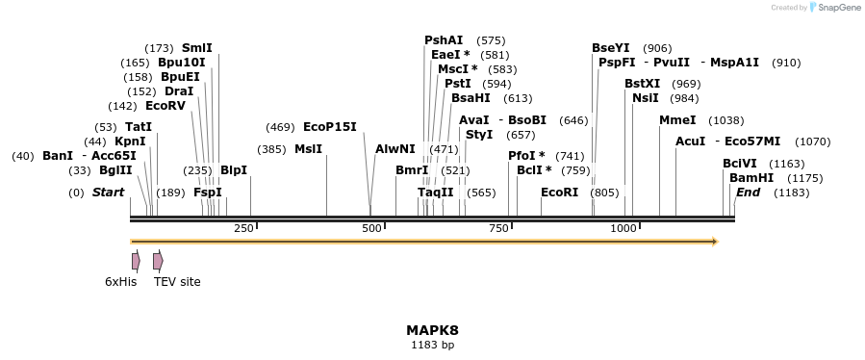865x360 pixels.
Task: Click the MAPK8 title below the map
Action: coord(432,330)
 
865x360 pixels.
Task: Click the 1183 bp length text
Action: coord(432,344)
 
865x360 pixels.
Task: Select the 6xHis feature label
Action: coord(121,282)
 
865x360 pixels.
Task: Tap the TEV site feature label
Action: coord(177,282)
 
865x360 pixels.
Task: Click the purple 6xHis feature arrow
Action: coord(136,261)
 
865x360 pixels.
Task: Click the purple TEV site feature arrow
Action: coord(158,261)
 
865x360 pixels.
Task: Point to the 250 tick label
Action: coord(243,228)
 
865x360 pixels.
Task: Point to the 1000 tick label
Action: coord(624,228)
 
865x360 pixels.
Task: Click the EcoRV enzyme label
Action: coord(165,106)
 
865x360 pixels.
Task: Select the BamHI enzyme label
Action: coord(751,178)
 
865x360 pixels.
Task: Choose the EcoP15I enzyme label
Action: coord(329,127)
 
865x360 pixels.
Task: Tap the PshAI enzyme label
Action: coord(444,40)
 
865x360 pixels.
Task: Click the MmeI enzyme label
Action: coord(677,120)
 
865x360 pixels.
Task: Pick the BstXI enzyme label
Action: coord(642,84)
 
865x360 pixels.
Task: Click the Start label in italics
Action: coord(108,193)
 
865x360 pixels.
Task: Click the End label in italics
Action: coord(748,193)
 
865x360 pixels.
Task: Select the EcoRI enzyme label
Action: coord(559,193)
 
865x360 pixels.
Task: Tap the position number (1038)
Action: coord(725,120)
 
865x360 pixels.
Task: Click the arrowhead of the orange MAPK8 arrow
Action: coord(714,242)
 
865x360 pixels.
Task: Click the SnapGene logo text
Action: coord(838,7)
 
